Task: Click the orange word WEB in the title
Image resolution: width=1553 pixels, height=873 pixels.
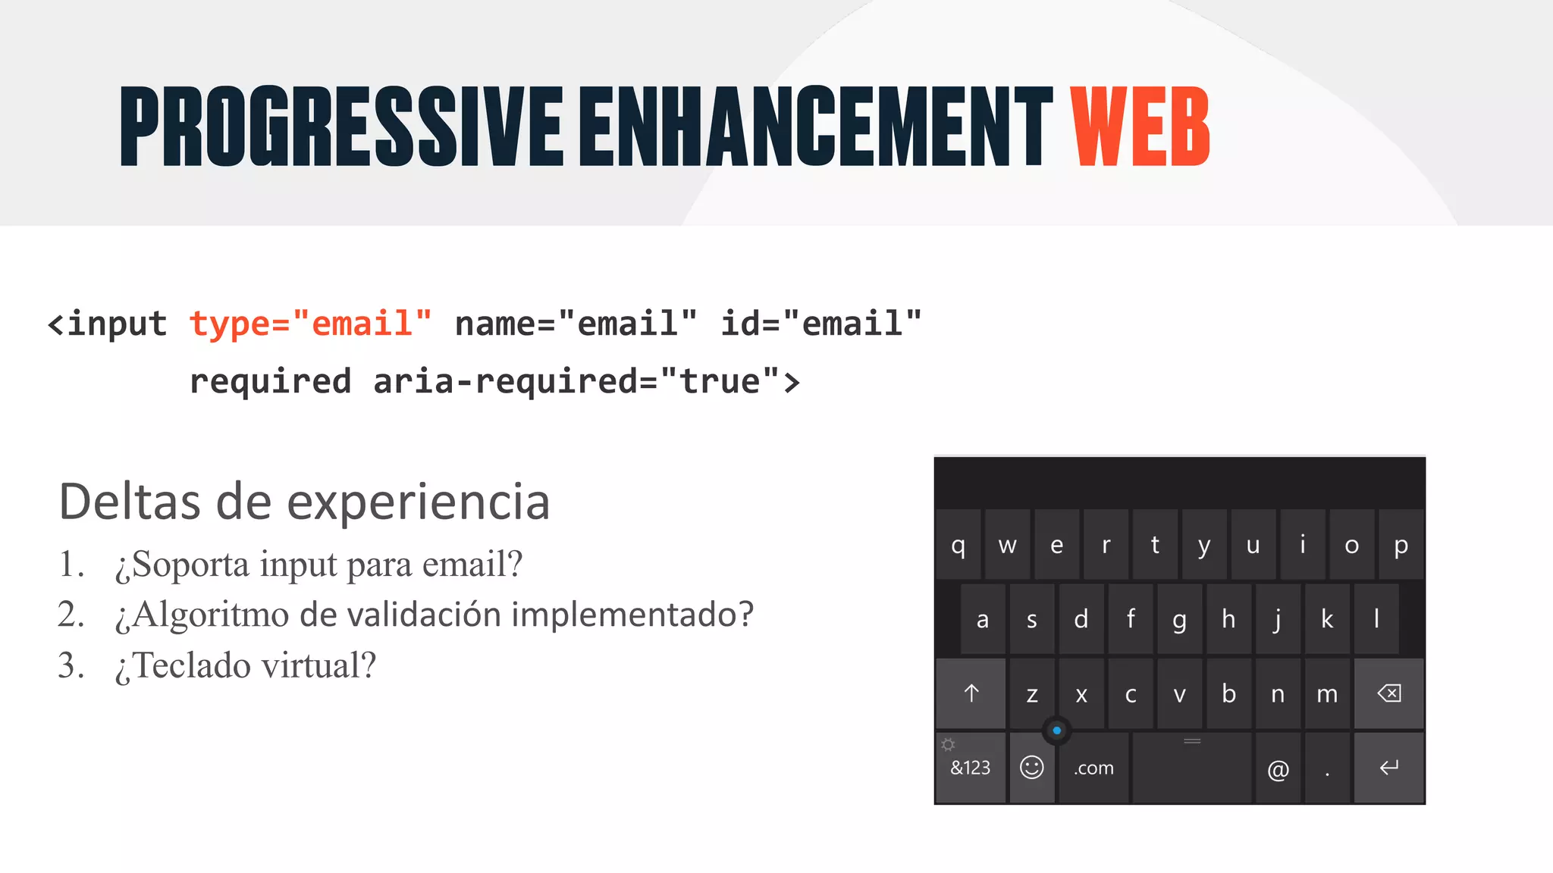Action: (x=1139, y=127)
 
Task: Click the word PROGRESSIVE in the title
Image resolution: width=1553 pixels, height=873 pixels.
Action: (x=341, y=127)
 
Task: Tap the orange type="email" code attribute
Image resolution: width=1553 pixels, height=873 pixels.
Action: (x=310, y=324)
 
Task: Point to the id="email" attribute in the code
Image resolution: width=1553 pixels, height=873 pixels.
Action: (x=820, y=324)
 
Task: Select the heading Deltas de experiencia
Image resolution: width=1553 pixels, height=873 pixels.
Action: (x=304, y=502)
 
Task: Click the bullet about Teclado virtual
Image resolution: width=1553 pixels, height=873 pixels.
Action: (x=245, y=665)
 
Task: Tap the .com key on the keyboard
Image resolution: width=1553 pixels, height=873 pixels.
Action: (x=1093, y=768)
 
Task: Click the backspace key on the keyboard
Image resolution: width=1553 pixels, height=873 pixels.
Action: (x=1388, y=693)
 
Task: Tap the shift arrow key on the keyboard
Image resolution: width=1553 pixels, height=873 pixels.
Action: (x=971, y=693)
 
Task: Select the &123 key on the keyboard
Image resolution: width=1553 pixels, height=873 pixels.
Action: (x=970, y=768)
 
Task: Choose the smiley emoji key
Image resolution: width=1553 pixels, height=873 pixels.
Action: (x=1031, y=768)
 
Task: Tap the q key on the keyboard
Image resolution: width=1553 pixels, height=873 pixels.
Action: (x=958, y=545)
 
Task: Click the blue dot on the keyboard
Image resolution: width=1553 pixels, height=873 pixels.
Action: (x=1056, y=731)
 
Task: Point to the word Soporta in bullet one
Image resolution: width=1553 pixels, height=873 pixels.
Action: (x=182, y=565)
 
